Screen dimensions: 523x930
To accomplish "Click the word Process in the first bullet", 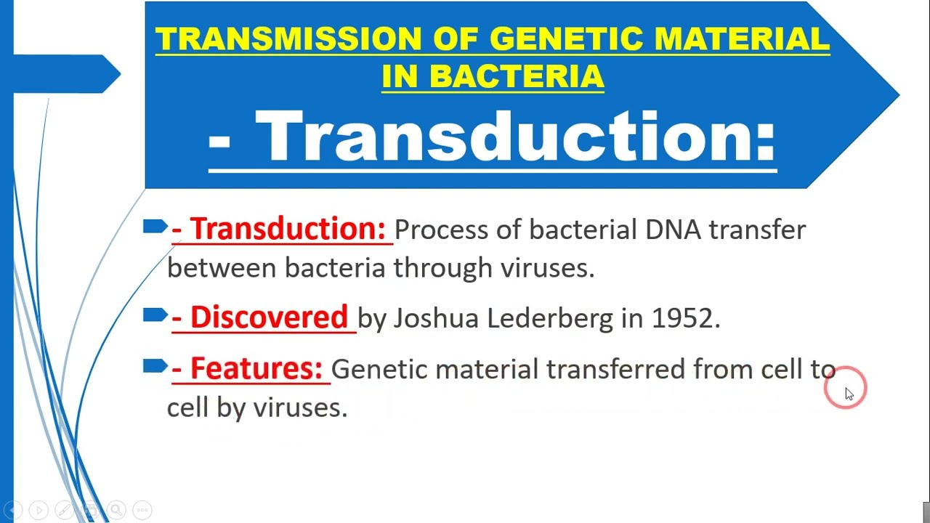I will pos(440,230).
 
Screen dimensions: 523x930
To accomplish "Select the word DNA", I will pos(673,230).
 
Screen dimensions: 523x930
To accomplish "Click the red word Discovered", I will pos(269,317).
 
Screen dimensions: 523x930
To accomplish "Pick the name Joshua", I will pos(436,318).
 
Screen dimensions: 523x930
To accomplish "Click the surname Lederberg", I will pos(549,318).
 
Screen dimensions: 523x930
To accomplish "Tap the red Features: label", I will pos(256,368).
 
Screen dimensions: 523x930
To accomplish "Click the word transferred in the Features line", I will pos(615,369).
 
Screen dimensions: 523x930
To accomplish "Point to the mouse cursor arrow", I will pos(849,393).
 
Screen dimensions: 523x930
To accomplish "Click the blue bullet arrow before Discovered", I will pos(155,315).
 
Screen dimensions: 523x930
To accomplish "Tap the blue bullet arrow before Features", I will pos(155,367).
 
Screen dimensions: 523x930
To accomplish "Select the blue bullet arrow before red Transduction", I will pos(155,227).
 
